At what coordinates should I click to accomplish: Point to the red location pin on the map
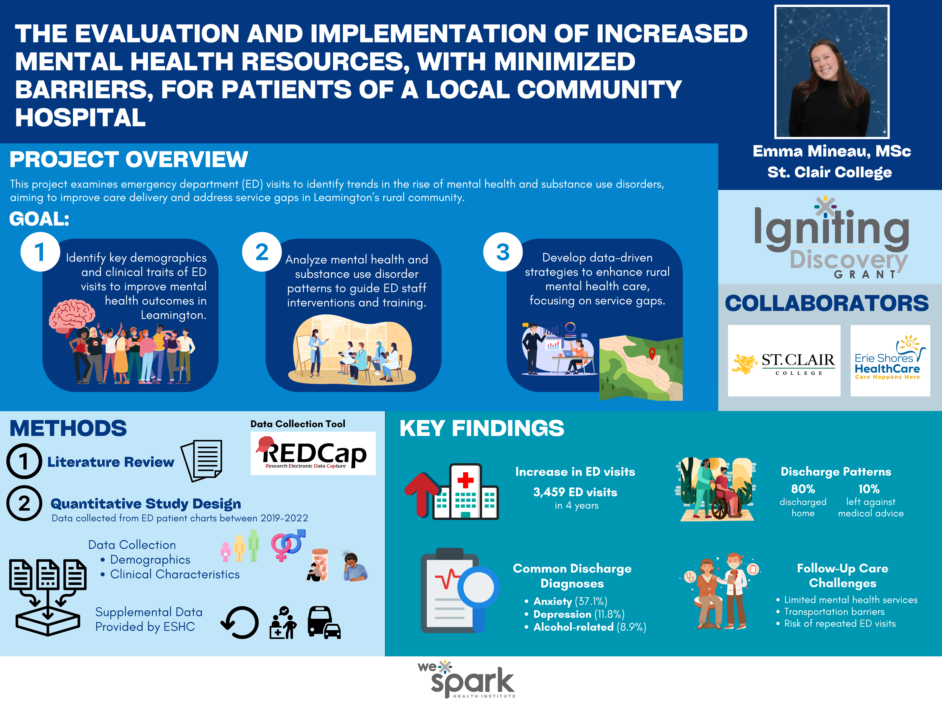point(652,354)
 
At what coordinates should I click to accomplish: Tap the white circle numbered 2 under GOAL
point(261,252)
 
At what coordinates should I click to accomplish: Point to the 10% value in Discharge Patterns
point(869,489)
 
